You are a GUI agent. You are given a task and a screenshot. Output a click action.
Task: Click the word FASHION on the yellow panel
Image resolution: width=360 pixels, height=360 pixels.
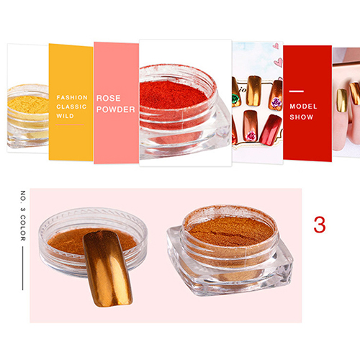click(x=72, y=97)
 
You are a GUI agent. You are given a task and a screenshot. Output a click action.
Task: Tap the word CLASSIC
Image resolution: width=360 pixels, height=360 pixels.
click(x=71, y=107)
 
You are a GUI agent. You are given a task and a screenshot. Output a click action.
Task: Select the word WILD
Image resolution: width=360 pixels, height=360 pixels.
click(x=65, y=116)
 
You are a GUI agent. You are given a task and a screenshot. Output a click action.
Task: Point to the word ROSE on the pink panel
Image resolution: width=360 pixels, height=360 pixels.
click(x=109, y=98)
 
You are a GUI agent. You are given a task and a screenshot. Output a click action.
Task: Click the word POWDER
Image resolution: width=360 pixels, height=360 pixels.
click(x=116, y=109)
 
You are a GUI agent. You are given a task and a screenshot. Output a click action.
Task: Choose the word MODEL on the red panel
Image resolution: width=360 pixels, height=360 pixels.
click(x=303, y=107)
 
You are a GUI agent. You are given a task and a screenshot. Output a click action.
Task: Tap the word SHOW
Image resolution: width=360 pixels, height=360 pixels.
click(x=302, y=117)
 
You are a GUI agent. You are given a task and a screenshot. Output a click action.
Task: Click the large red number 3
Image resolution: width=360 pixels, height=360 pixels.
click(x=320, y=225)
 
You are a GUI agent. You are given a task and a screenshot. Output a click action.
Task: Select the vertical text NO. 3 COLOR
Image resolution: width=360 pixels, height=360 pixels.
click(x=23, y=216)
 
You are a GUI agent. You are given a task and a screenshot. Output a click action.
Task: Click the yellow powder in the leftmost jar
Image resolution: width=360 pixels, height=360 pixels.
click(x=27, y=104)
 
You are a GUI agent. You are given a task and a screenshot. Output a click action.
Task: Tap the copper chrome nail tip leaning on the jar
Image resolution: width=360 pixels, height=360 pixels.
click(x=107, y=269)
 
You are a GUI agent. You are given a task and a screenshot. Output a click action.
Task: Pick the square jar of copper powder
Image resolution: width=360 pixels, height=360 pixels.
click(x=230, y=251)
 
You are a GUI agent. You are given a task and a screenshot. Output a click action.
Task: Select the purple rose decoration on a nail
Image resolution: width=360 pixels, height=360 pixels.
click(x=276, y=103)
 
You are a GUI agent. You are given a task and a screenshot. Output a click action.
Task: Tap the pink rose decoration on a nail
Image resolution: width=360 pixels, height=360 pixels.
click(x=251, y=136)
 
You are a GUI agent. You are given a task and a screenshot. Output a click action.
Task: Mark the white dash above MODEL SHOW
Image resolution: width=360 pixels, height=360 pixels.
click(x=297, y=91)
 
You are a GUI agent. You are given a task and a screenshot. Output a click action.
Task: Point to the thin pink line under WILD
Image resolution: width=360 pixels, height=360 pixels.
click(x=70, y=125)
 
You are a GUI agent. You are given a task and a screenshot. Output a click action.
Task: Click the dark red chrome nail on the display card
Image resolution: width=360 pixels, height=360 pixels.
click(x=271, y=130)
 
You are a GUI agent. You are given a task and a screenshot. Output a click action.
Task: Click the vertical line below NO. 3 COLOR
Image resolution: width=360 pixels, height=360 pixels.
click(x=23, y=269)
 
